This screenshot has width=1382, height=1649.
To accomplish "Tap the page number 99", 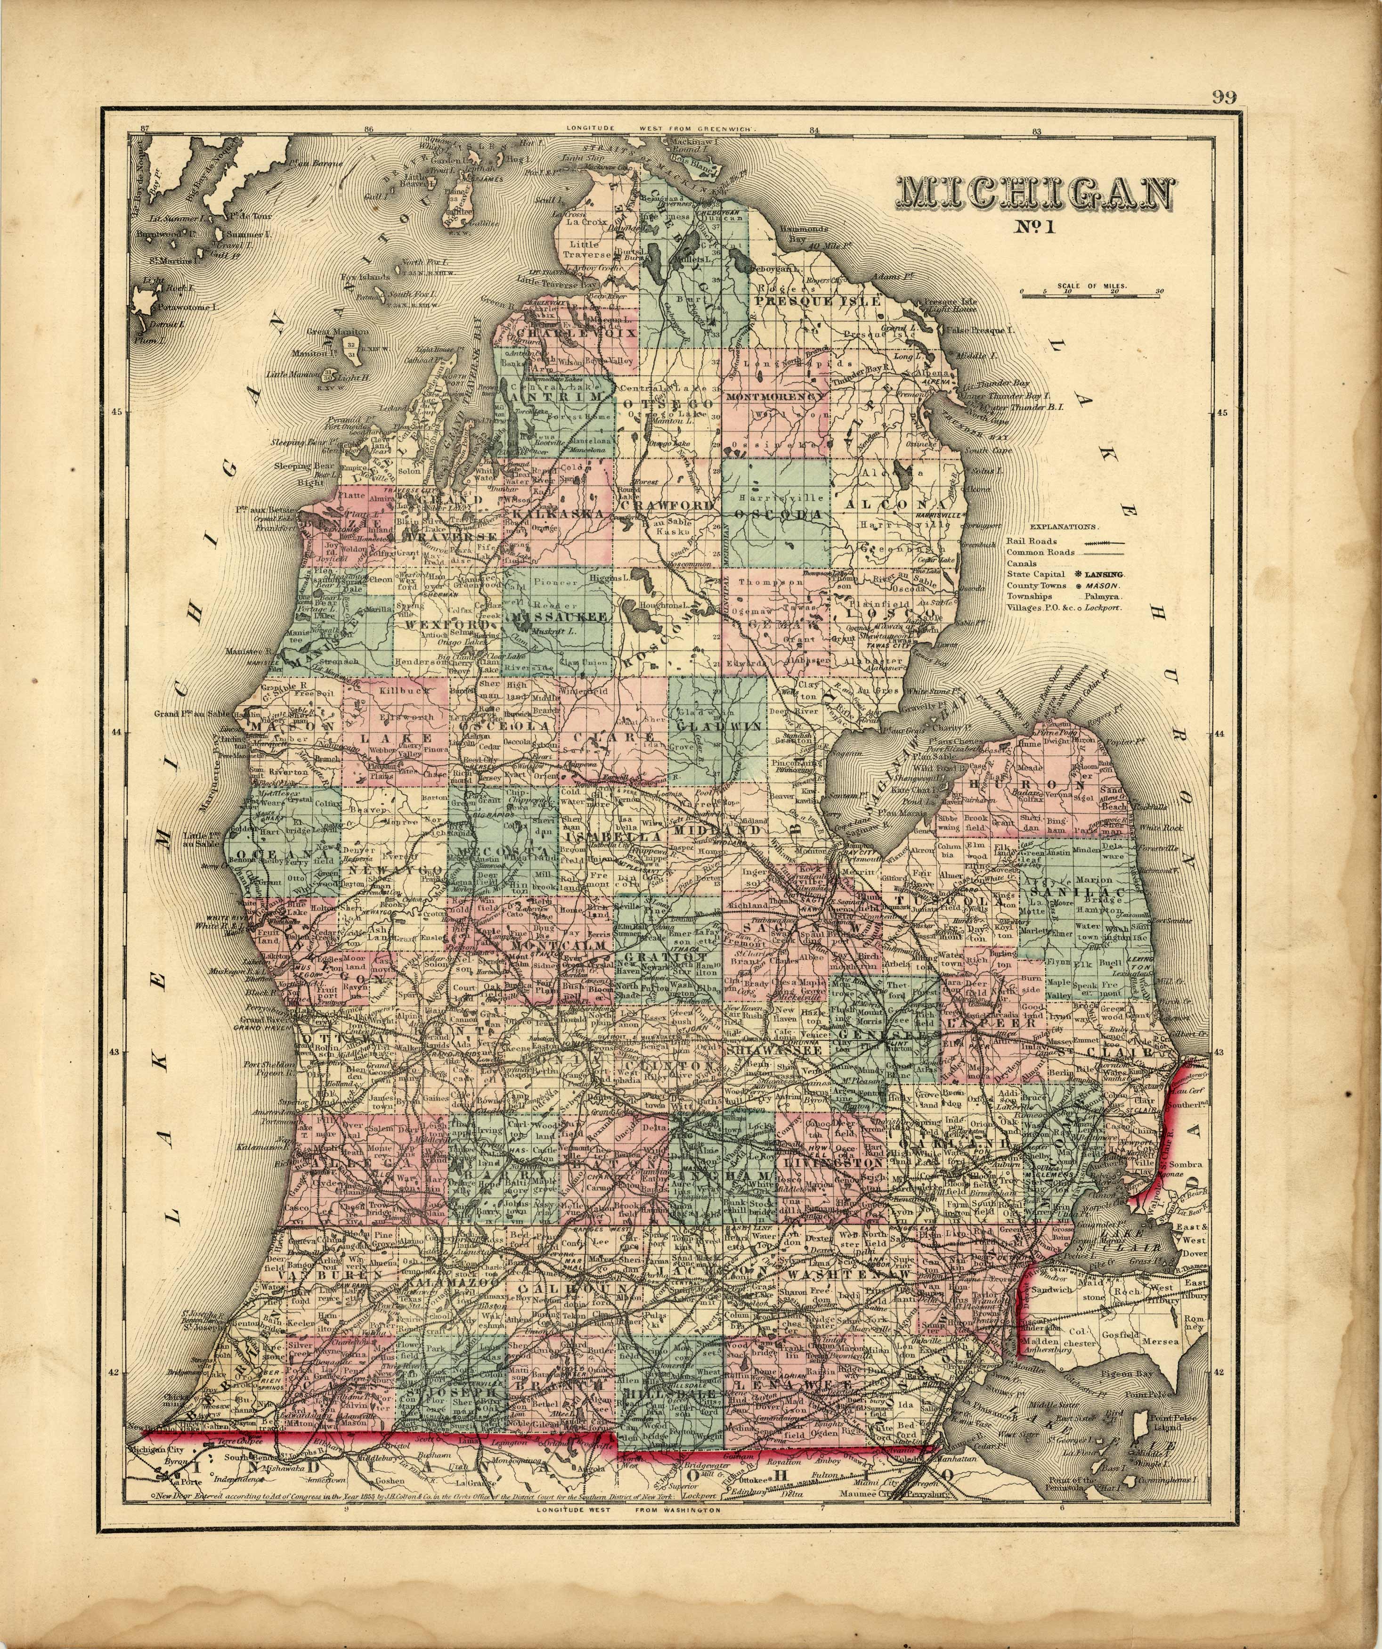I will coord(1223,98).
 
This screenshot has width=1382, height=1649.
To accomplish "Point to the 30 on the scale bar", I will coord(1159,291).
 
